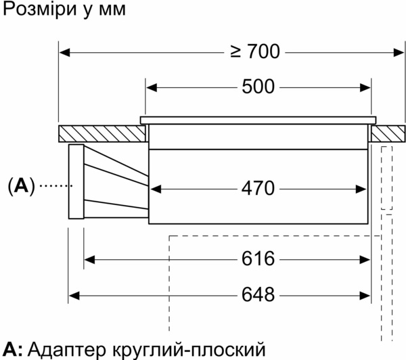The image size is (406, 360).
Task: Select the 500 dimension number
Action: [258, 87]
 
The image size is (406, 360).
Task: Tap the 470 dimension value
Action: [258, 187]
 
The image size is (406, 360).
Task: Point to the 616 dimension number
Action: [258, 259]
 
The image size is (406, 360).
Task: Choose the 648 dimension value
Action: [258, 295]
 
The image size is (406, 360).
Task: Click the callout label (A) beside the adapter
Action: [20, 185]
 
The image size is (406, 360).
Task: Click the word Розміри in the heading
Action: [34, 12]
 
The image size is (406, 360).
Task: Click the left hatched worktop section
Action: [101, 133]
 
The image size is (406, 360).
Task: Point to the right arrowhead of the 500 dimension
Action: [366, 87]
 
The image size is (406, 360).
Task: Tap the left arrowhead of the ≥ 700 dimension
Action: [64, 51]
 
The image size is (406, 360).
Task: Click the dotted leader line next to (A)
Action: [54, 185]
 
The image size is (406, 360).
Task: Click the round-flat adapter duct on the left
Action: [108, 183]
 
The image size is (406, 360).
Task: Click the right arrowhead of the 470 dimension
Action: [366, 187]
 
